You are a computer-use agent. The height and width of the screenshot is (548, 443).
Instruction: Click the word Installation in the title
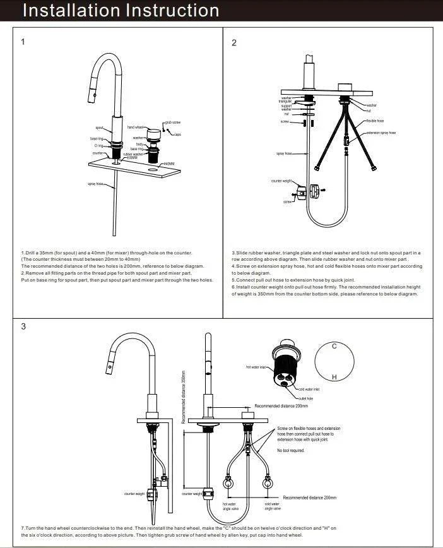(62, 11)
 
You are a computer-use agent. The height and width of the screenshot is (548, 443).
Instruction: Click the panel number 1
(23, 42)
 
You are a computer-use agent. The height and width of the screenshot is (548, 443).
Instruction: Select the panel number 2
(234, 42)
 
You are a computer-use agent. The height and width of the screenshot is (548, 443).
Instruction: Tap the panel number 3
(23, 326)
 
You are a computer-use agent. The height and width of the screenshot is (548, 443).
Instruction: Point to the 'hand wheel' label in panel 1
(136, 128)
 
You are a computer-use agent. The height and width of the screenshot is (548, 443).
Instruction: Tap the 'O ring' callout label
(97, 146)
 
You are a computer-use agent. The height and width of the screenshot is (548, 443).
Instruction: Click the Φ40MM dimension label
(168, 164)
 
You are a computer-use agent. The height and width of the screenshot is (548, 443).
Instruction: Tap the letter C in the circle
(334, 347)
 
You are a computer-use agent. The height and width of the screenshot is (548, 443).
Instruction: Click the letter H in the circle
(334, 377)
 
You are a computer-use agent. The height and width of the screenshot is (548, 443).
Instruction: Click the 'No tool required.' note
(291, 450)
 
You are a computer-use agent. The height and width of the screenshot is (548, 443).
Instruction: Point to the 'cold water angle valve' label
(273, 506)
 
